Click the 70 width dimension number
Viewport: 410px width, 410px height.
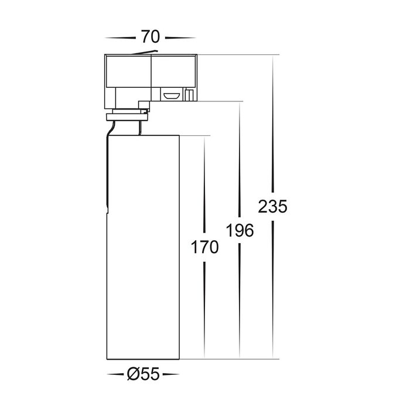click(151, 36)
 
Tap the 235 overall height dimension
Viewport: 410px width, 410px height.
click(272, 207)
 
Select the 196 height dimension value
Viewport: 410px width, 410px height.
click(240, 231)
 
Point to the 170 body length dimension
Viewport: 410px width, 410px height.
click(204, 247)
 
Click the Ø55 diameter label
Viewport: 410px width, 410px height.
click(143, 374)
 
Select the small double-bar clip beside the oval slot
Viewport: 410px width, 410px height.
click(189, 95)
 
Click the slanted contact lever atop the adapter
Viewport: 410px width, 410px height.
click(145, 52)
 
